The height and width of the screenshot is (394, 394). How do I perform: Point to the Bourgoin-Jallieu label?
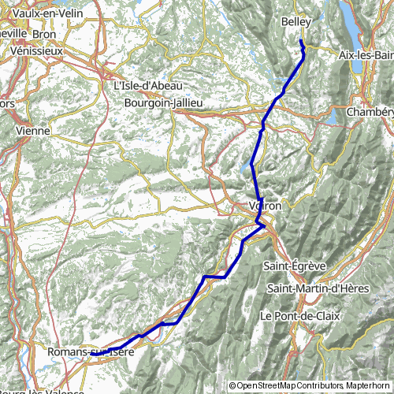point(164,102)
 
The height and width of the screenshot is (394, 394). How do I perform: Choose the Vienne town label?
point(32,130)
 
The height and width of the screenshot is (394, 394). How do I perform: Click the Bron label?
point(65,35)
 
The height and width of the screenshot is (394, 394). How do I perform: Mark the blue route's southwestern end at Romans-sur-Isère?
point(91,355)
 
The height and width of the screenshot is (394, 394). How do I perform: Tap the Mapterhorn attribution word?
point(366,385)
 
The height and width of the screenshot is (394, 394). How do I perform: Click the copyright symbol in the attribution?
point(232,385)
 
